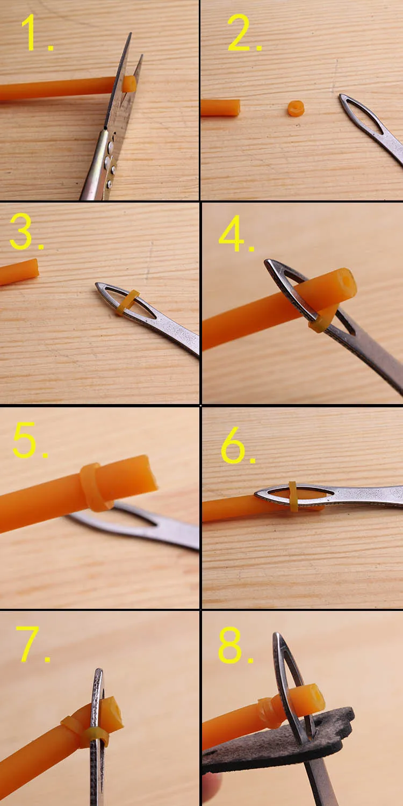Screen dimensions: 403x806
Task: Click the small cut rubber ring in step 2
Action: click(296, 109)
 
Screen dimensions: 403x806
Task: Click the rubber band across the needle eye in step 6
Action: click(293, 496)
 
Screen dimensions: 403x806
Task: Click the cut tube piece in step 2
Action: click(220, 107)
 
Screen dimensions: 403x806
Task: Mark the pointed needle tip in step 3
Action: click(97, 285)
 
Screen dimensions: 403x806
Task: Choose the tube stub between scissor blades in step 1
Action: click(129, 84)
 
